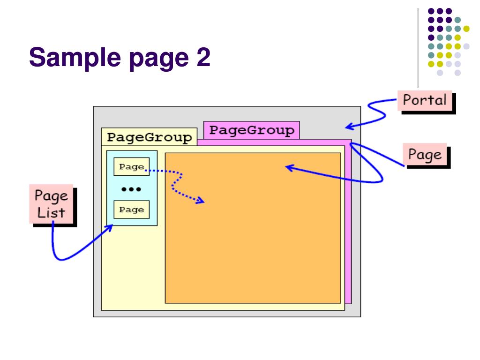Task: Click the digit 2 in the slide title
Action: click(203, 58)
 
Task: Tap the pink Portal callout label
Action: click(425, 100)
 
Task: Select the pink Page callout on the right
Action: click(424, 154)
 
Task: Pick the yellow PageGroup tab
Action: click(149, 137)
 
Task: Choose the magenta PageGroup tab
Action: click(251, 130)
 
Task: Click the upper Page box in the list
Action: click(131, 167)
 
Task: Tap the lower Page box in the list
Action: click(131, 210)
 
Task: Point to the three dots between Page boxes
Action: click(131, 189)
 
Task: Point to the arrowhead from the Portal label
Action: click(348, 126)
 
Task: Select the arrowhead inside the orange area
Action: click(289, 167)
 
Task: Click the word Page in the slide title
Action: click(146, 59)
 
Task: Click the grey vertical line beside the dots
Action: click(418, 47)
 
